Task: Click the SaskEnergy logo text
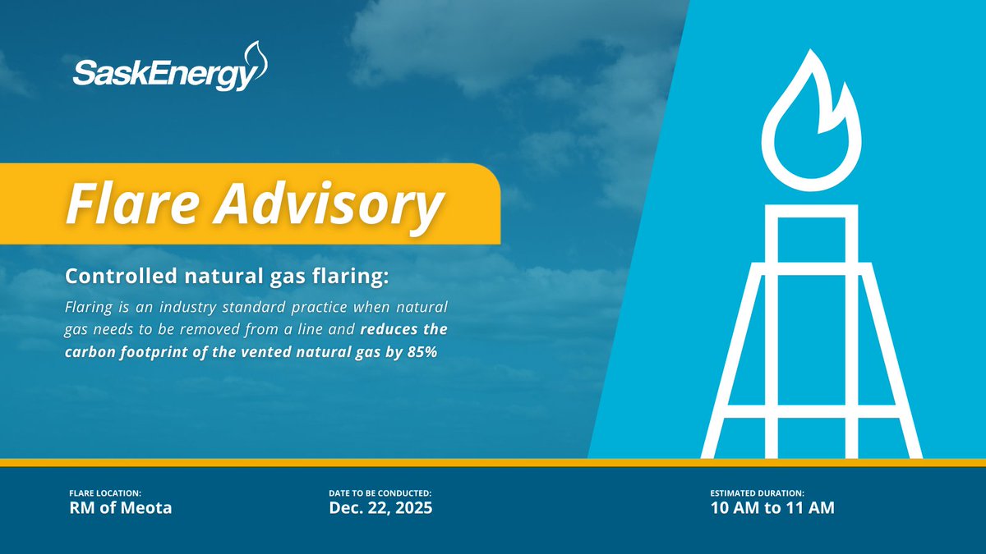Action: coord(161,76)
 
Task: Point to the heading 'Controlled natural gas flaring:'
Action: coord(227,277)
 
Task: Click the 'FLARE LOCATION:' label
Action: coord(105,492)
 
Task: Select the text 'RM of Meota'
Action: coord(121,508)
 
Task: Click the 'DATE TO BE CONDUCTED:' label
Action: coord(380,492)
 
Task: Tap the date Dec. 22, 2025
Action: coord(380,508)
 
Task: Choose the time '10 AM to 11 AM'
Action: coord(772,508)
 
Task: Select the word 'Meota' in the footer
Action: coord(150,508)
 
